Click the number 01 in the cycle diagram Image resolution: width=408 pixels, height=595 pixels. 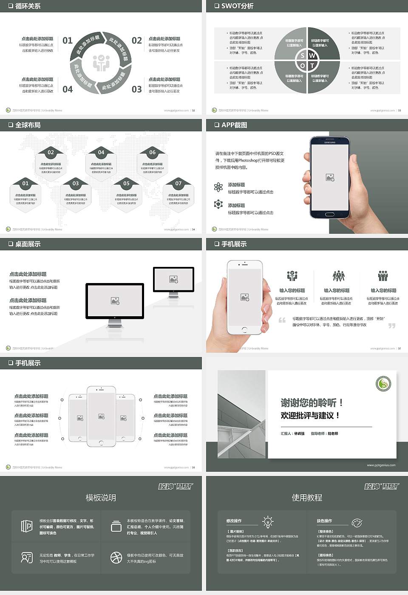68,40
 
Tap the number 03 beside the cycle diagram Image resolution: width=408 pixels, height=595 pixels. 136,89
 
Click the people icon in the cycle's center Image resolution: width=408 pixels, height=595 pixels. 101,63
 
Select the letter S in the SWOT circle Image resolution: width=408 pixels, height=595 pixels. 302,56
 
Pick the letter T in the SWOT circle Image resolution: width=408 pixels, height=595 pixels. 312,66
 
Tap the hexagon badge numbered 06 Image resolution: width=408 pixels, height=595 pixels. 153,152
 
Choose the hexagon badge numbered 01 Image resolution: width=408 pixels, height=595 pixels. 25,184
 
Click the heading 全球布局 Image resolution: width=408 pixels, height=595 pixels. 28,125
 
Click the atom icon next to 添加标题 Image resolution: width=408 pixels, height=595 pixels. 218,187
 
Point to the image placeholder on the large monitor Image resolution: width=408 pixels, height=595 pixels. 115,301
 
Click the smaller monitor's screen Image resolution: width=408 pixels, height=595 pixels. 173,279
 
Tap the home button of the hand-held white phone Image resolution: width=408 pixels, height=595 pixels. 244,329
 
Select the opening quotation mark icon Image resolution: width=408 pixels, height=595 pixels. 282,320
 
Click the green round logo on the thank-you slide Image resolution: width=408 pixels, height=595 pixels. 383,384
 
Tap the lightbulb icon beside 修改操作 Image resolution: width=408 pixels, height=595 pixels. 268,521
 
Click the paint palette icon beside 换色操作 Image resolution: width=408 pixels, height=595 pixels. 357,522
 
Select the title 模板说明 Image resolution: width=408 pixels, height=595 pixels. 101,498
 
